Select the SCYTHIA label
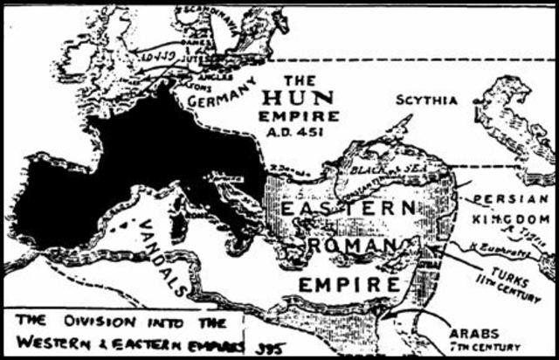[425, 100]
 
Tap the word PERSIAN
[508, 198]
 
